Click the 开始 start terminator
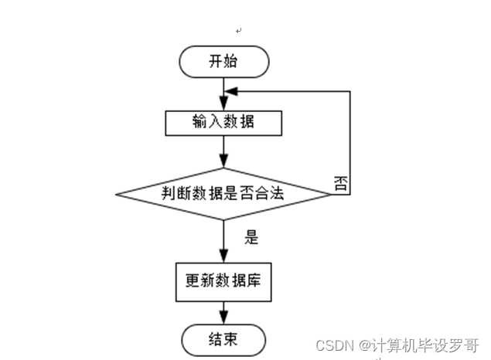click(x=224, y=62)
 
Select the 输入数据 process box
click(x=223, y=123)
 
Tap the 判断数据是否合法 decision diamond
click(x=223, y=193)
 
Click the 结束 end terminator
click(x=224, y=339)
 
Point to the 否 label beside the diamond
click(x=340, y=183)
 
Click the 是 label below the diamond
click(x=251, y=237)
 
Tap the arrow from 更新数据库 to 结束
click(x=223, y=312)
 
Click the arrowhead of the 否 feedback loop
click(x=230, y=91)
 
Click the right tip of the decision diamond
click(x=330, y=193)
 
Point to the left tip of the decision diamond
click(x=116, y=193)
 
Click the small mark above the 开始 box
click(x=239, y=30)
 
